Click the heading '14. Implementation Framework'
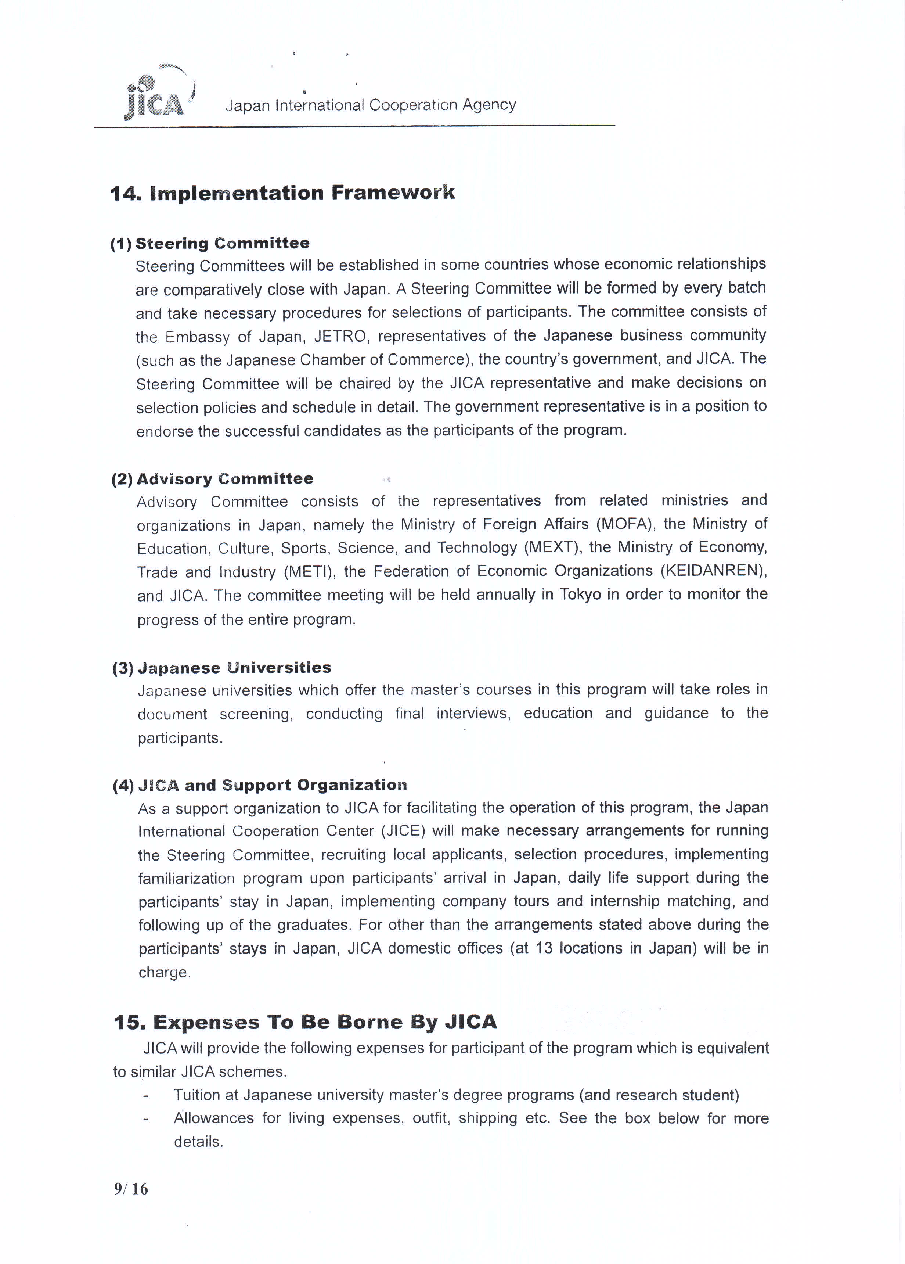point(282,193)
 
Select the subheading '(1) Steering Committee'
point(210,244)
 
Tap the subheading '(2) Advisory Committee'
point(212,479)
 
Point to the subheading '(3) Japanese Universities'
point(221,668)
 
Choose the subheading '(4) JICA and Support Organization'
point(260,785)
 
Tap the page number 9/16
point(131,1189)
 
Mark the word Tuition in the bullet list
point(197,1095)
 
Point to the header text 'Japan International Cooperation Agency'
point(370,105)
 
